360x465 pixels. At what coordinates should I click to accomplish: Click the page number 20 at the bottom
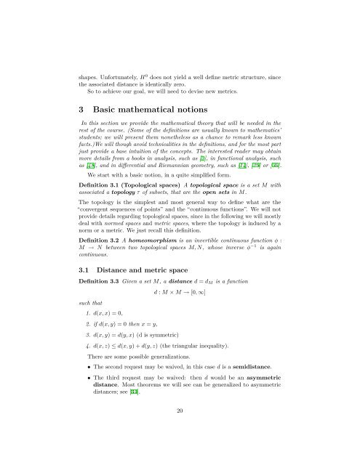pos(180,429)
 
